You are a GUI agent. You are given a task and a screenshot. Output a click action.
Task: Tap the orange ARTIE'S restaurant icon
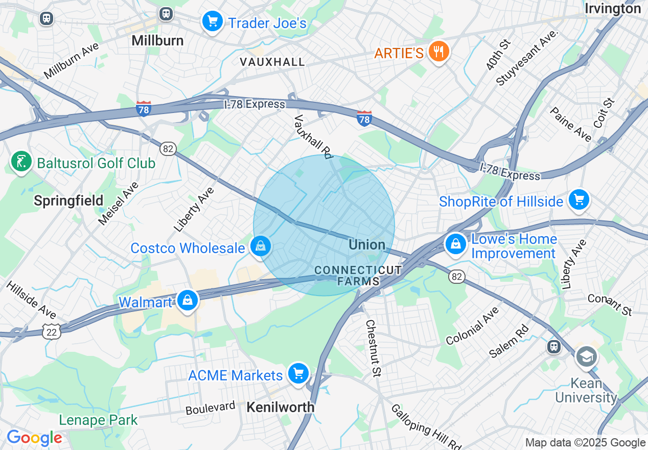[x=438, y=52]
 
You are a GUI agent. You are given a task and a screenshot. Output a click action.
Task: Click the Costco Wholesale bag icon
[x=261, y=247]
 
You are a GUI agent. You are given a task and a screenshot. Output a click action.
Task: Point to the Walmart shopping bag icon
[x=188, y=301]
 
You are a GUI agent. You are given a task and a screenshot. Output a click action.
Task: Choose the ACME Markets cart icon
[x=298, y=374]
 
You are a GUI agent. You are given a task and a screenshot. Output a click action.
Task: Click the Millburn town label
[x=157, y=40]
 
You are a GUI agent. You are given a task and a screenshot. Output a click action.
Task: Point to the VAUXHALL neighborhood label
[x=272, y=62]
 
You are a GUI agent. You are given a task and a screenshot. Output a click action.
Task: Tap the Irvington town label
[x=612, y=9]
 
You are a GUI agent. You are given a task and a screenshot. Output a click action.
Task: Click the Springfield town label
[x=68, y=200]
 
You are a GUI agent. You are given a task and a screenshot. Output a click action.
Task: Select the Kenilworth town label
[x=281, y=407]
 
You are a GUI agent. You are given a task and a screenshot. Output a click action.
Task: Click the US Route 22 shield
[x=54, y=331]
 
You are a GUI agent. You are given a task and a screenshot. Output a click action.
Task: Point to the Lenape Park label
[x=98, y=420]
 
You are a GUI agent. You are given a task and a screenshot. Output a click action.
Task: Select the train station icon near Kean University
[x=553, y=347]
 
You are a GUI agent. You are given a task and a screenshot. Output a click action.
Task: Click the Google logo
[x=34, y=438]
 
